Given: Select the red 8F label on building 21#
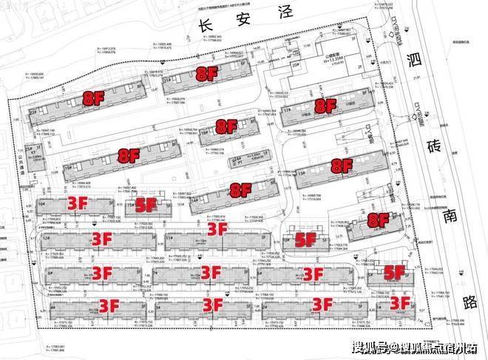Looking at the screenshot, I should [x=206, y=73].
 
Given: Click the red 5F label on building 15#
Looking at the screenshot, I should [x=147, y=206].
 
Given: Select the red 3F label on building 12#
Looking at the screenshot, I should [x=101, y=238].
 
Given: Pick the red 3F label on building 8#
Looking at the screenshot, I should [x=101, y=273].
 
